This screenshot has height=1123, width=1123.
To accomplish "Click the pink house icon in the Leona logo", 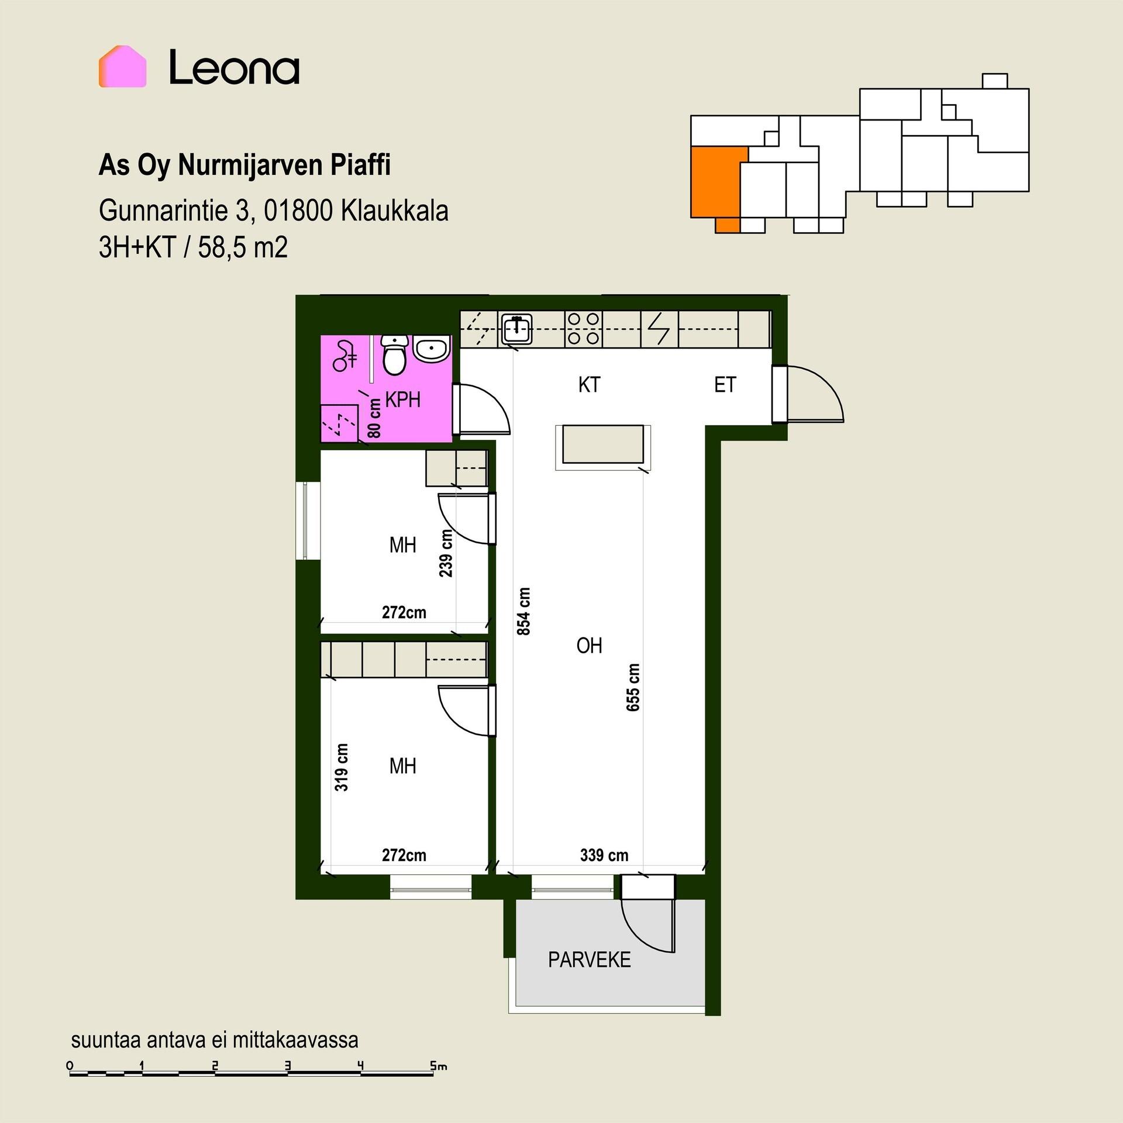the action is (x=122, y=66).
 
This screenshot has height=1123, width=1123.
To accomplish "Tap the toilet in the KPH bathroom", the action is (x=395, y=355).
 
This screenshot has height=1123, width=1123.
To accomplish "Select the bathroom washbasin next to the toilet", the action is (x=432, y=349).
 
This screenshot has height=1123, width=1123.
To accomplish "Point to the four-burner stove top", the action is (x=584, y=329).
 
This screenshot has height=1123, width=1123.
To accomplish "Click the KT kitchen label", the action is (x=589, y=385).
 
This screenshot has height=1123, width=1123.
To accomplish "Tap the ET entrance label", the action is (x=725, y=385).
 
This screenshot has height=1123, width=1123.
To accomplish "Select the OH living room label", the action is (x=589, y=646).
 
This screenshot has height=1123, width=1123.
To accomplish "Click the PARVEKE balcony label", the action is (x=590, y=960).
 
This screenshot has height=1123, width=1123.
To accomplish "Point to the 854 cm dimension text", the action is (x=524, y=611).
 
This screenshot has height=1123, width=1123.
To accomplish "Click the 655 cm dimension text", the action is (x=633, y=687).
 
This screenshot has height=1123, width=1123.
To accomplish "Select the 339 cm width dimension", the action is (x=604, y=855).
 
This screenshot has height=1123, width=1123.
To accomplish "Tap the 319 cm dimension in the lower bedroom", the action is (x=342, y=767).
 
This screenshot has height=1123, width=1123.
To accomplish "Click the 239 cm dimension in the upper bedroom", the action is (x=446, y=553).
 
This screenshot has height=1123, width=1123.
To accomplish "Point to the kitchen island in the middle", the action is (x=603, y=446).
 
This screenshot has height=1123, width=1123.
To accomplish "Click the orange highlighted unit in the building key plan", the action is (x=715, y=184).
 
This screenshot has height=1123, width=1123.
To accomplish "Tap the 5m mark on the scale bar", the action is (x=438, y=1066).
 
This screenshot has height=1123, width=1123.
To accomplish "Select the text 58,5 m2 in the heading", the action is (x=243, y=247).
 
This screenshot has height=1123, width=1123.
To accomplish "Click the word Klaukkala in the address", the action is (x=395, y=211).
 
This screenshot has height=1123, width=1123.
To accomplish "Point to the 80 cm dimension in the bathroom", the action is (x=374, y=418).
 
